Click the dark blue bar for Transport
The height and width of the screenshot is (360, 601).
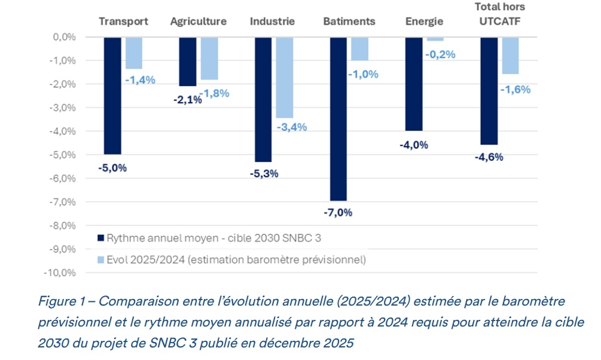pyautogui.click(x=112, y=96)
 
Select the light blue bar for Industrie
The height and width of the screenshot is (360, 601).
pyautogui.click(x=285, y=77)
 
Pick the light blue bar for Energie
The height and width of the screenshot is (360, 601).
pyautogui.click(x=435, y=39)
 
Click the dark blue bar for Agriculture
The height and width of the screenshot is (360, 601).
pyautogui.click(x=188, y=62)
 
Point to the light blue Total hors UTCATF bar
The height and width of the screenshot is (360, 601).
pyautogui.click(x=510, y=56)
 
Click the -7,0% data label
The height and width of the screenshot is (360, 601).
pyautogui.click(x=338, y=212)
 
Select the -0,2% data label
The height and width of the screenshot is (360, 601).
pyautogui.click(x=441, y=54)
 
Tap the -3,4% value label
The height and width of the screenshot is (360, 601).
pyautogui.click(x=292, y=127)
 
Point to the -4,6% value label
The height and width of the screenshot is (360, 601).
pyautogui.click(x=489, y=157)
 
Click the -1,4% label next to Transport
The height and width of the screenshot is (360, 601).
pyautogui.click(x=140, y=79)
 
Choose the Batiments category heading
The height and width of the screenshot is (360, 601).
pyautogui.click(x=349, y=22)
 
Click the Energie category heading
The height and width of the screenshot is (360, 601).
pyautogui.click(x=424, y=22)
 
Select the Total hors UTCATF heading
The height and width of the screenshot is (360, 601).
pyautogui.click(x=500, y=14)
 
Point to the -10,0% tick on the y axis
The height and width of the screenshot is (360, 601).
pyautogui.click(x=60, y=273)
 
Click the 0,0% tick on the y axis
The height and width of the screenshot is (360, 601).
pyautogui.click(x=63, y=37)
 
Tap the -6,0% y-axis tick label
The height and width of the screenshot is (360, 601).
pyautogui.click(x=62, y=178)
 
